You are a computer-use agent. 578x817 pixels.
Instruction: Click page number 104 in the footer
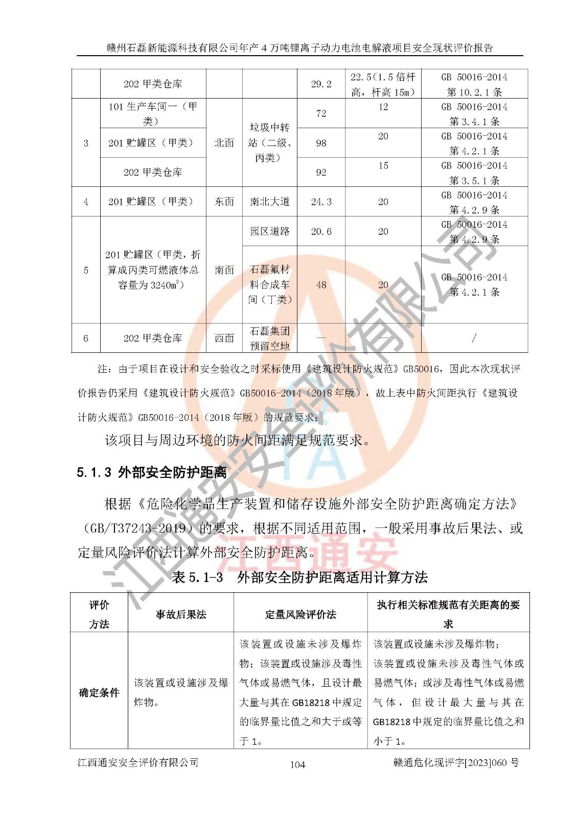[x=297, y=764]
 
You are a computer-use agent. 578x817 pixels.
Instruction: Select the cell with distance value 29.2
[x=321, y=84]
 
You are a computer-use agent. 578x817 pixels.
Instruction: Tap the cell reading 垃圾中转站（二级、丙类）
[x=269, y=142]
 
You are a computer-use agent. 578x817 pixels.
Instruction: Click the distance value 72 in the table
[x=321, y=113]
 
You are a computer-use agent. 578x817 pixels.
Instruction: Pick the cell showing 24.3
[x=321, y=202]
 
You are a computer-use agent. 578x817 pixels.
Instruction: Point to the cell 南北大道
[x=269, y=202]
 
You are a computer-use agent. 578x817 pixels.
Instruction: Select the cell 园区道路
[x=269, y=231]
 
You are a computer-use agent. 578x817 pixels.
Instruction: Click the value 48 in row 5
[x=321, y=285]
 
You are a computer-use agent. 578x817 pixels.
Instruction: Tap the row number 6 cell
[x=86, y=338]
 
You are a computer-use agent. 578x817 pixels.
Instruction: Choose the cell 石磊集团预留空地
[x=269, y=338]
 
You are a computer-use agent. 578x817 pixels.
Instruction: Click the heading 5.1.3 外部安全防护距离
[x=151, y=472]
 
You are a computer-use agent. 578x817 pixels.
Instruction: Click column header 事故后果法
[x=181, y=614]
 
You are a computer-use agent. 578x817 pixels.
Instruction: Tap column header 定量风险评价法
[x=300, y=614]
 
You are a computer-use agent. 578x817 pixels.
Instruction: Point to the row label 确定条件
[x=99, y=693]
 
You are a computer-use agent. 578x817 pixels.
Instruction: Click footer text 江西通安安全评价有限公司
[x=138, y=763]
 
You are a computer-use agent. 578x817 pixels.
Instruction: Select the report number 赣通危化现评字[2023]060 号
[x=456, y=763]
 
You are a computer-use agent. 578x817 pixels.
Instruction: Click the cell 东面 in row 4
[x=224, y=202]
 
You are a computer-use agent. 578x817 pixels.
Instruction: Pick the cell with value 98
[x=321, y=143]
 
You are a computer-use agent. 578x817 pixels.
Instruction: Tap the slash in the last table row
[x=474, y=338]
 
